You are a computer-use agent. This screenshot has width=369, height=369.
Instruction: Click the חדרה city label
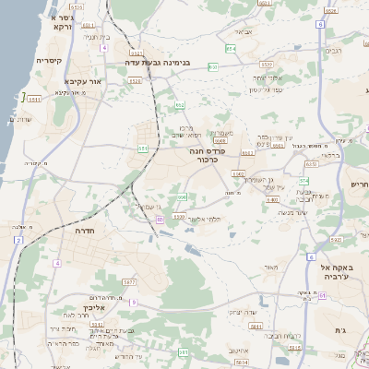[x=77, y=233]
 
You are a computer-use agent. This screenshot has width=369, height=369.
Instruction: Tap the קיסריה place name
[x=49, y=61]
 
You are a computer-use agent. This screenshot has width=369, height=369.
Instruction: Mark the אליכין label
[x=94, y=307]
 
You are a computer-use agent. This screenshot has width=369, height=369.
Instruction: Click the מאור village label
[x=269, y=268]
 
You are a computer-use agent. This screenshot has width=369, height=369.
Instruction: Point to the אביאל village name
[x=244, y=32]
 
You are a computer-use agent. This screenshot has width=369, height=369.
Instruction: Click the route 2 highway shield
[x=18, y=240]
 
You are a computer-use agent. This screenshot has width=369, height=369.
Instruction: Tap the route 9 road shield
[x=133, y=302]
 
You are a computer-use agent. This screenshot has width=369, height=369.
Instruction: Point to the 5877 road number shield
[x=128, y=281]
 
